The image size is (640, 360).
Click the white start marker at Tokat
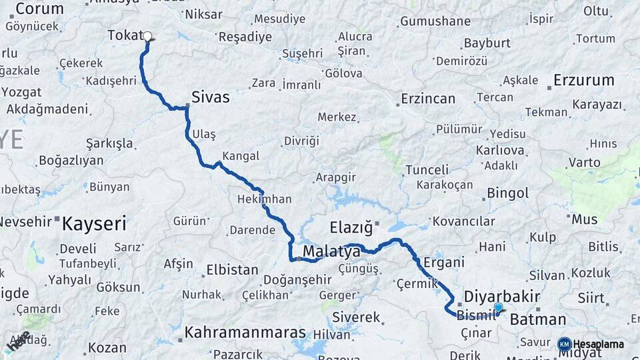click(x=147, y=37)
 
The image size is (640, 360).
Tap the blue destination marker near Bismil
click(x=498, y=307)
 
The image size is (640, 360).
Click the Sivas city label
click(x=210, y=97)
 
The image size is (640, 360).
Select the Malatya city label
click(x=331, y=251)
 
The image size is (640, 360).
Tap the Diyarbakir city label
click(x=501, y=295)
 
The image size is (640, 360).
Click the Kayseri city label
click(x=93, y=224)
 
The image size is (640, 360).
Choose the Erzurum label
click(x=584, y=81)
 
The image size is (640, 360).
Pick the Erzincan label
click(x=428, y=99)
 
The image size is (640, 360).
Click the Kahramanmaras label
click(x=245, y=332)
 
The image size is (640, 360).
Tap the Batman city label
click(x=538, y=319)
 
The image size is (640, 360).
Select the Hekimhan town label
click(x=264, y=199)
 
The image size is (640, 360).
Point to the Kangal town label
click(x=240, y=155)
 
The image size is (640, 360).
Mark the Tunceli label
click(x=427, y=169)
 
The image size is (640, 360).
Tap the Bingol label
click(x=508, y=193)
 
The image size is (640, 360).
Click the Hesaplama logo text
click(x=599, y=344)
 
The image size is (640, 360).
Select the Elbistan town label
click(x=232, y=270)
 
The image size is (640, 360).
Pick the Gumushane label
click(x=435, y=21)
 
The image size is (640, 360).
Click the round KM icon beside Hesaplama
click(x=565, y=344)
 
